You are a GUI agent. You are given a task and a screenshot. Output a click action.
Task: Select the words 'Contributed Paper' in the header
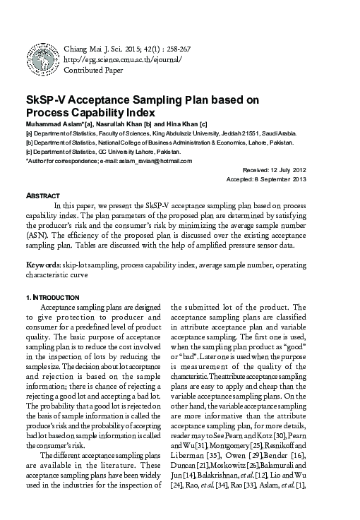coord(93,71)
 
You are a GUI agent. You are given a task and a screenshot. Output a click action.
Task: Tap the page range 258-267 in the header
coord(176,48)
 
